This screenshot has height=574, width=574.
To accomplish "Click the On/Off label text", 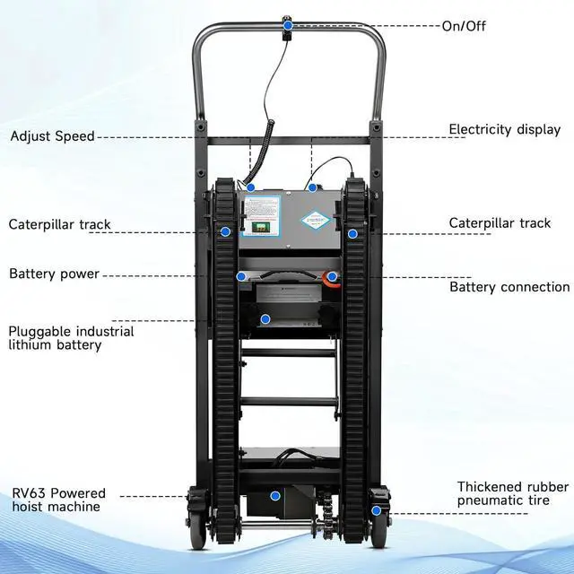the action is click(463, 26).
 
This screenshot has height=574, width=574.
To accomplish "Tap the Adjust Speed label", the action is click(52, 136).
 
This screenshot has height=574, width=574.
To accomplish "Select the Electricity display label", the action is click(504, 129).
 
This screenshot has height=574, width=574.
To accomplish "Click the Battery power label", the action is click(54, 274).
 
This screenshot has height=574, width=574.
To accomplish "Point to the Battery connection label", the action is click(509, 287).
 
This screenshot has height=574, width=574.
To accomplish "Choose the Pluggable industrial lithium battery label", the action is click(71, 337).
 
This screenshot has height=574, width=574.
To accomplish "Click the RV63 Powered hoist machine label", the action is click(58, 500).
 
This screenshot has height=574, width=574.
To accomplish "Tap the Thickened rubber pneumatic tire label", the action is click(512, 494).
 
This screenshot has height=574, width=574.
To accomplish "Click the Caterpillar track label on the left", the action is click(60, 224).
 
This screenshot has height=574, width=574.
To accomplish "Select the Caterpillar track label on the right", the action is click(500, 222).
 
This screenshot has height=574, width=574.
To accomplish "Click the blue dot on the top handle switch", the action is click(288, 26).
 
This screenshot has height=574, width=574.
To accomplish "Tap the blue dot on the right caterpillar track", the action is click(353, 233).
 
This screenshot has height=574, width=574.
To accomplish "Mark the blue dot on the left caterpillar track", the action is click(224, 231).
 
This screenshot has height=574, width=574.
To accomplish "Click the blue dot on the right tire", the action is click(377, 510).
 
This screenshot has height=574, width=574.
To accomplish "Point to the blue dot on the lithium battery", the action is click(265, 318).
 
